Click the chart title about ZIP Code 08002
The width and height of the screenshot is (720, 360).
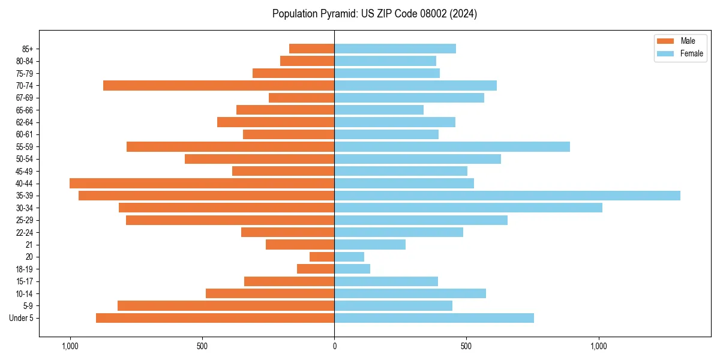374,14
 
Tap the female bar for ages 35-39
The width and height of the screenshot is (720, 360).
507,196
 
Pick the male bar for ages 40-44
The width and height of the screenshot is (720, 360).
202,184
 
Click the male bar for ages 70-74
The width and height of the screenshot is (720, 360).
218,86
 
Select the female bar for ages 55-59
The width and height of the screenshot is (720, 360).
452,147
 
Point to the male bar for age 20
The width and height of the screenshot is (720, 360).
322,257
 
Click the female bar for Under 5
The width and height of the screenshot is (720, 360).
434,318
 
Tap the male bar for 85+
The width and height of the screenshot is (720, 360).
311,49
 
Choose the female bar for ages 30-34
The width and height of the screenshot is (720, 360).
468,208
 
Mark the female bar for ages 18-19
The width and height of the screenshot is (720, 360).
352,269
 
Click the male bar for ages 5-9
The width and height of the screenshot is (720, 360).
226,305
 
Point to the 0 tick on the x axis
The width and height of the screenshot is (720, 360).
334,346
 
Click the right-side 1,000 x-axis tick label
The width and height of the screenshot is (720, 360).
599,346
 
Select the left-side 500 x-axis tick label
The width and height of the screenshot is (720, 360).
202,346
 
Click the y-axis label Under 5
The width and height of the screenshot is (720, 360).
21,318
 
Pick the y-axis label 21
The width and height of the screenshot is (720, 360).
29,245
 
